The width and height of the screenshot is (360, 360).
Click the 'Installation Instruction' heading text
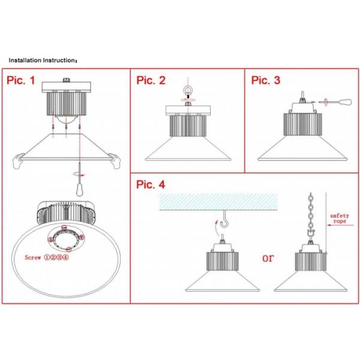coord(42,61)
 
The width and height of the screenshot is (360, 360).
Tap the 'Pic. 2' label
coord(151,80)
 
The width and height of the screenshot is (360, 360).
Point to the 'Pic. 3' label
coord(266,80)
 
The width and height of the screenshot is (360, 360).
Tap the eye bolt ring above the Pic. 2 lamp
coord(188,94)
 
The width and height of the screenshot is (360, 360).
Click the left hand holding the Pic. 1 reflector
coord(20,161)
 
